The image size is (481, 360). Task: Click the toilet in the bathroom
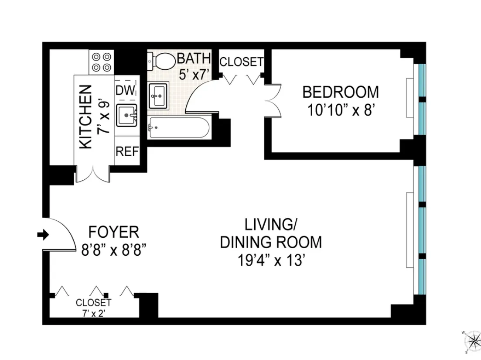[162, 61]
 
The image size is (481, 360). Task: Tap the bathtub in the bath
[178, 127]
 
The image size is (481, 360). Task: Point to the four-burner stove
[102, 62]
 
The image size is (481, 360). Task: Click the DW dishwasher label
[126, 90]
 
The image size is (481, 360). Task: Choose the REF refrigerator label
[127, 152]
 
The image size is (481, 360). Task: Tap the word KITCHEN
[86, 117]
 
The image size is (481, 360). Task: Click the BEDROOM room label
[341, 92]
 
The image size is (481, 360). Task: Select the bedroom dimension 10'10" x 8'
[341, 110]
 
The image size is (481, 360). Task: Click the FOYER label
[114, 231]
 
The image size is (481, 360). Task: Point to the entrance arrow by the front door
[43, 235]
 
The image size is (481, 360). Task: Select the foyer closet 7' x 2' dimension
[93, 312]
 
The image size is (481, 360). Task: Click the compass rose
[472, 341]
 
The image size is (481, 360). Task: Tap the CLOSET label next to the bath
[241, 62]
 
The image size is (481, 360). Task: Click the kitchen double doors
[93, 174]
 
